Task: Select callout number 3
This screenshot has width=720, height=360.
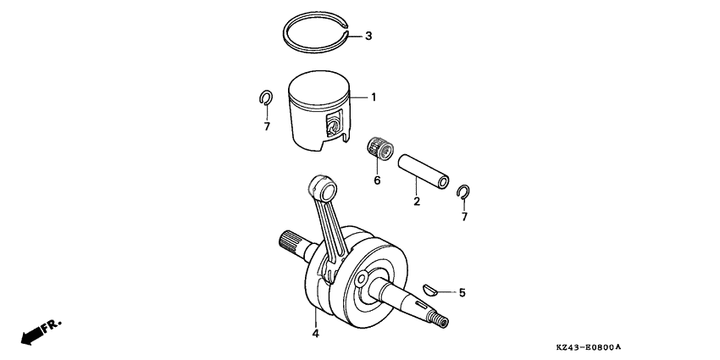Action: click(368, 36)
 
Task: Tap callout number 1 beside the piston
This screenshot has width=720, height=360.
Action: click(374, 97)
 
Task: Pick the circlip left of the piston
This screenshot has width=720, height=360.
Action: click(265, 99)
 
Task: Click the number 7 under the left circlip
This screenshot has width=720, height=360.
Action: click(266, 127)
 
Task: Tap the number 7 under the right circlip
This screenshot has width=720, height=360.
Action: click(463, 217)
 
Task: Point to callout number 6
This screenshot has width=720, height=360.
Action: click(377, 180)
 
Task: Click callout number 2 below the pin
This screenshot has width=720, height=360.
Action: click(417, 202)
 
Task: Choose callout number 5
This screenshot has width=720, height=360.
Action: click(462, 293)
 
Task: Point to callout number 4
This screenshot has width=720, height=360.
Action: click(315, 334)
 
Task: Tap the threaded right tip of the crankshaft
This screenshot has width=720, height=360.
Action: click(440, 320)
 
